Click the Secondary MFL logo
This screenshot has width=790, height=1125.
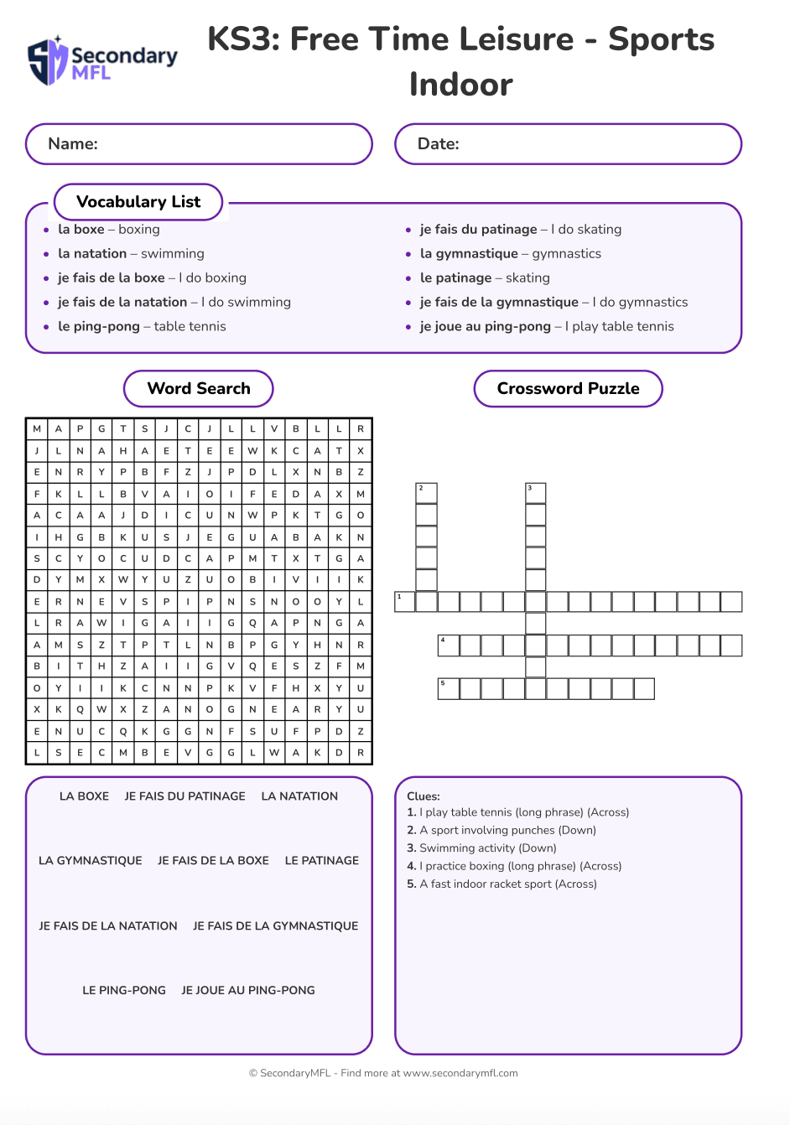(102, 60)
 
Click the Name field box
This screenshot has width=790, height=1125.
(199, 144)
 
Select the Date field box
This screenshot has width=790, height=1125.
(568, 144)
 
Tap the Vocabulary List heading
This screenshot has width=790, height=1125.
(138, 202)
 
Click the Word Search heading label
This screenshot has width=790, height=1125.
(199, 389)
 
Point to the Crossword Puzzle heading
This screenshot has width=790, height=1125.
(568, 389)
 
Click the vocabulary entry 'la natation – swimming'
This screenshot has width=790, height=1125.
(131, 254)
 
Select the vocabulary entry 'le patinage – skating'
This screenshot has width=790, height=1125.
(485, 278)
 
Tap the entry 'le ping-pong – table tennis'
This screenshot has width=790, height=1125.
(142, 327)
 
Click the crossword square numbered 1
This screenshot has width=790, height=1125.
(405, 602)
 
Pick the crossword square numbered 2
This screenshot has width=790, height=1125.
(427, 493)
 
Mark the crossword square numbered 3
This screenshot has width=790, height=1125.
(536, 493)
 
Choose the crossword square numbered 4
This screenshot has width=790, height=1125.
(449, 645)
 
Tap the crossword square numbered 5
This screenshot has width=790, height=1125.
(449, 689)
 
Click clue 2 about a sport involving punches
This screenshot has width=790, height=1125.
(502, 831)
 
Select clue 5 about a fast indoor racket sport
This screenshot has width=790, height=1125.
(502, 884)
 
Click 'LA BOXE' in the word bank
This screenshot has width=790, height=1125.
(84, 796)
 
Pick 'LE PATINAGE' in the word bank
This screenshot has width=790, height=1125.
(322, 861)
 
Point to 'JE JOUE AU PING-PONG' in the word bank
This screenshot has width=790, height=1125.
(248, 991)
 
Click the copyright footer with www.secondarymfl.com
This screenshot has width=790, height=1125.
(383, 1073)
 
